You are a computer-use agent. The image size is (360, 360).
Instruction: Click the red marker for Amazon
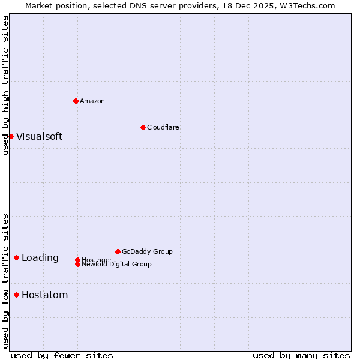click(76, 101)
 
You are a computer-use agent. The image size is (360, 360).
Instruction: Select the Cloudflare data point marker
click(143, 127)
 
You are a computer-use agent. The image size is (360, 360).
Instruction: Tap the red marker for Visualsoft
click(11, 136)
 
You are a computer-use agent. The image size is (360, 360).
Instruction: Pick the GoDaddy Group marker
click(118, 251)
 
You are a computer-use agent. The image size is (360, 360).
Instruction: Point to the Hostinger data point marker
click(77, 260)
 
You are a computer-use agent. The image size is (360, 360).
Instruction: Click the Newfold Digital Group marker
click(77, 265)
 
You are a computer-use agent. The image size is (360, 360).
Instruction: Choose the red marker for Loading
click(16, 257)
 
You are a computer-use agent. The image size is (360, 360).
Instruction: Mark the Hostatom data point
click(16, 295)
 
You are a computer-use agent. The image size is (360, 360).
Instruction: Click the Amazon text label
click(92, 101)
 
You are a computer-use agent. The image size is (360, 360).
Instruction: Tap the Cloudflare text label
click(163, 127)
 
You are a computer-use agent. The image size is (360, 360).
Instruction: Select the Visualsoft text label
click(39, 136)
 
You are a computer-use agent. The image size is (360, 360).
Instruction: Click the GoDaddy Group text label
click(147, 251)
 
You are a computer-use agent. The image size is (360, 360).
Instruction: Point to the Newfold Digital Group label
click(117, 265)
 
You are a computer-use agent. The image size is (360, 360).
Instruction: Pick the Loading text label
click(40, 258)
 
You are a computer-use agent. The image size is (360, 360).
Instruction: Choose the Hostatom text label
click(45, 295)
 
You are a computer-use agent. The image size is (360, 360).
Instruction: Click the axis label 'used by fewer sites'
click(62, 355)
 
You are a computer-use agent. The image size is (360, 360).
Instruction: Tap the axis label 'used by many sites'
click(301, 355)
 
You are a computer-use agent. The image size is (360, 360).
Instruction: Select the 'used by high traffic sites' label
click(5, 85)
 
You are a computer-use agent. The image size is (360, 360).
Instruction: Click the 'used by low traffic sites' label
click(5, 281)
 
